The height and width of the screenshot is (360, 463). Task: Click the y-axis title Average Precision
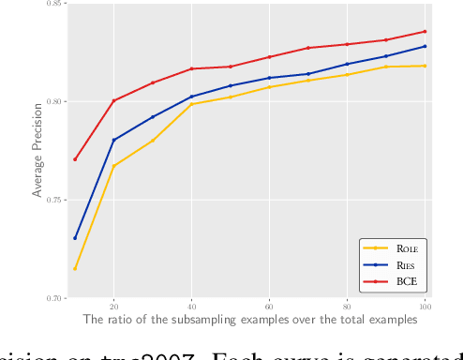[x=38, y=151]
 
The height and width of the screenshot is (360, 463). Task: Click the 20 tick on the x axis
[x=113, y=307]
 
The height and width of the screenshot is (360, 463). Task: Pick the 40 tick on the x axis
[x=191, y=307]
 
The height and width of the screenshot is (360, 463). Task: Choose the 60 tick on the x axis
[x=269, y=307]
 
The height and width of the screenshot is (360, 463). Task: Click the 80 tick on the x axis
[x=347, y=307]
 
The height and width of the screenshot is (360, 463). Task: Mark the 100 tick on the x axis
[x=425, y=307]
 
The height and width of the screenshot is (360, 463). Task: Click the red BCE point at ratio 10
[x=75, y=159]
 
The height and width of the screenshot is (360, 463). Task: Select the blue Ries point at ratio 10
[x=75, y=238]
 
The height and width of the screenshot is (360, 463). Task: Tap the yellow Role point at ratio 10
[x=75, y=269]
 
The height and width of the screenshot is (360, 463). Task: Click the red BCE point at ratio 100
[x=425, y=31]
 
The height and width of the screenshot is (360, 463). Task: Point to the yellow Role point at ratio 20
[x=113, y=166]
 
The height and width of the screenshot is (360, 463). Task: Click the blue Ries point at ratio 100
[x=425, y=46]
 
